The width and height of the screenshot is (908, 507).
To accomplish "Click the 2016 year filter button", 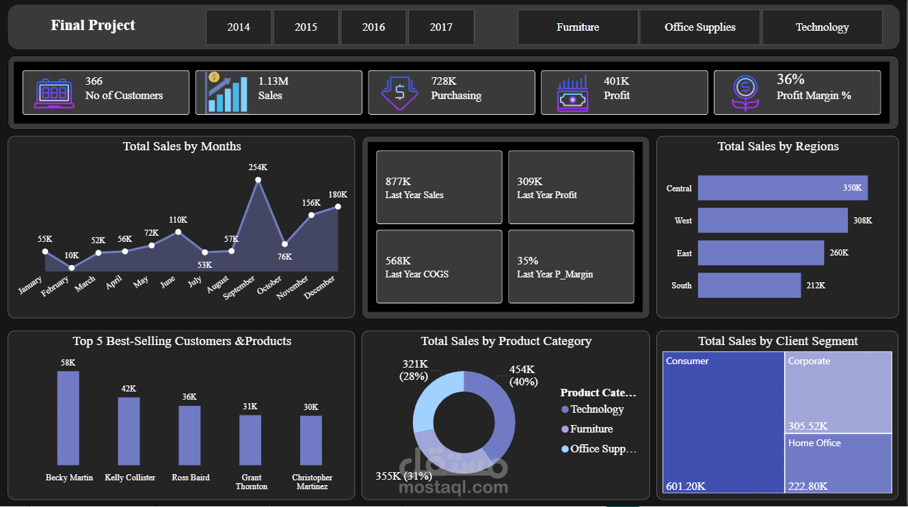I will click(373, 27).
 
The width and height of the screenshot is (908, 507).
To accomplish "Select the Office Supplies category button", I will click(699, 27).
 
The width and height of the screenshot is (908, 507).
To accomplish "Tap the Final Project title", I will click(93, 25).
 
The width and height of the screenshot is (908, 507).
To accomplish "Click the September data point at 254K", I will click(258, 180).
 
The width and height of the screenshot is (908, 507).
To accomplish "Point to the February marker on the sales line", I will click(72, 268).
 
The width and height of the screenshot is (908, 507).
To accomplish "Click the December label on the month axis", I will click(319, 288).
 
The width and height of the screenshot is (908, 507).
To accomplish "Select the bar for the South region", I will click(749, 286).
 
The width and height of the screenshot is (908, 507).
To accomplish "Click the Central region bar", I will click(782, 188).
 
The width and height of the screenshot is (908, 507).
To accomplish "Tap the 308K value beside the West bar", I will click(862, 221).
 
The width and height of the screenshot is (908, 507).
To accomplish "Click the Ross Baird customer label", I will click(191, 478).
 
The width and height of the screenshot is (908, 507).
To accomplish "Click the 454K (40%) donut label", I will click(523, 375).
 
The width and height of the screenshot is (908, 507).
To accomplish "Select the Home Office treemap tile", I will click(838, 463).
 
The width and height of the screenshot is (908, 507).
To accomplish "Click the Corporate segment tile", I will click(838, 392).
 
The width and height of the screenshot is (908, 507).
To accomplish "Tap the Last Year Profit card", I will click(571, 187).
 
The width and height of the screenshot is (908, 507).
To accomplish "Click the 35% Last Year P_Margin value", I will click(527, 260).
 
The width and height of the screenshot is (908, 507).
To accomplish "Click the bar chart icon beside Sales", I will click(226, 93).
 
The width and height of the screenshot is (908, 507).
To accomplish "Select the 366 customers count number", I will click(94, 81).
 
